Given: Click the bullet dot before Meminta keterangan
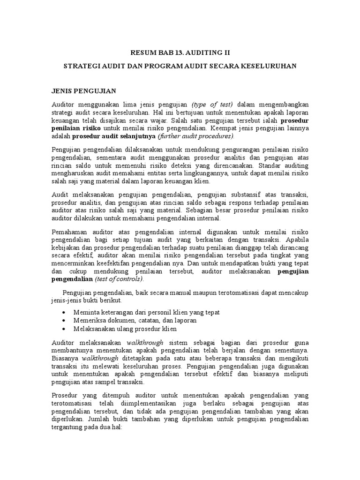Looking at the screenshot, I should (x=64, y=313).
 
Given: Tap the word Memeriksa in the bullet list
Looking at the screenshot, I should (x=90, y=321).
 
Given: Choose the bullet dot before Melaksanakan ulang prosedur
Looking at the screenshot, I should (x=64, y=329).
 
